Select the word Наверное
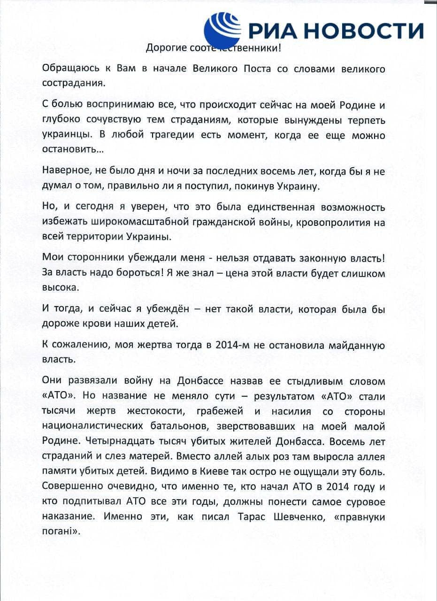(x=63, y=171)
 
